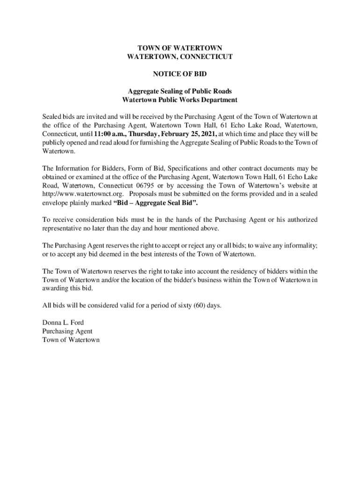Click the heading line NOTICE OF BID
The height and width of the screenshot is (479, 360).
click(x=180, y=74)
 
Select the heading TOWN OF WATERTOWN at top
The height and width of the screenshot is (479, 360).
click(x=180, y=48)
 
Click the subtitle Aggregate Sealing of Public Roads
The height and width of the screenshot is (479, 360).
click(x=180, y=91)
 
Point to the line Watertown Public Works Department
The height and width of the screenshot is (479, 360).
click(x=180, y=100)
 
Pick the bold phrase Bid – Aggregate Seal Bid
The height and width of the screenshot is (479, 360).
click(x=159, y=203)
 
